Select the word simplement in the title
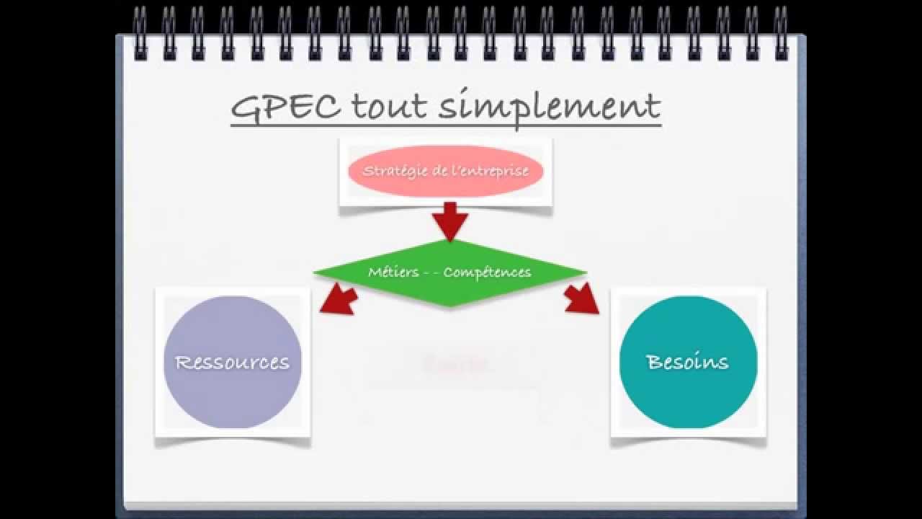tap(550, 108)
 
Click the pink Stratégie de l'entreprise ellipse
tap(446, 171)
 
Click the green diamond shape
tap(450, 272)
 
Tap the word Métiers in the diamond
tap(393, 272)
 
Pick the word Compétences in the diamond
tap(488, 272)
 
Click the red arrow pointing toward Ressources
tap(339, 298)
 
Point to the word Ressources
tap(233, 362)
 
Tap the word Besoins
tap(688, 361)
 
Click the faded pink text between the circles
tap(456, 364)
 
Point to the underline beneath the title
tap(446, 126)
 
